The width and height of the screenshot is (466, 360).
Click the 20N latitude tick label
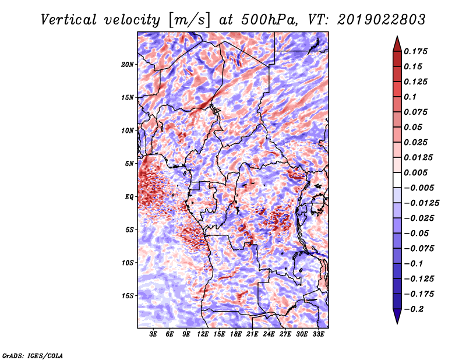coord(128,65)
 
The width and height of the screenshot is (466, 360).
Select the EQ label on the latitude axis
coord(129,197)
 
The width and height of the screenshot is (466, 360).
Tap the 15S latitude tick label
coord(128,296)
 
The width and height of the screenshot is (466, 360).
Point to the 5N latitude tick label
coord(129,164)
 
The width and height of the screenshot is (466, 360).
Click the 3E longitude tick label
coord(153,334)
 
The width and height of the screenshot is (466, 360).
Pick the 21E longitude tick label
coord(252,334)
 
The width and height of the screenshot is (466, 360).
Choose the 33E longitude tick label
coord(318,334)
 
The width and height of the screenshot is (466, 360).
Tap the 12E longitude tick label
coord(203,334)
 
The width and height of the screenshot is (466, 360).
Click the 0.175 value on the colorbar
coord(416,51)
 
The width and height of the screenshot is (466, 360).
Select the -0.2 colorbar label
coord(414,309)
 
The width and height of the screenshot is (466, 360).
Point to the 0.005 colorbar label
coord(416,172)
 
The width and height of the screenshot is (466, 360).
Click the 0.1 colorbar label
coord(410,97)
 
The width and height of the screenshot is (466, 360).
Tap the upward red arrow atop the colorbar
coord(397,44)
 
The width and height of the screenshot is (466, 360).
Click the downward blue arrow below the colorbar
coord(397,316)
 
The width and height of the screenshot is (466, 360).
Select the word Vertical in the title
coord(69,20)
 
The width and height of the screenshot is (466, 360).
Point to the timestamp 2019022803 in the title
coord(382,20)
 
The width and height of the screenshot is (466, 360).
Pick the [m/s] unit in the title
coord(189,20)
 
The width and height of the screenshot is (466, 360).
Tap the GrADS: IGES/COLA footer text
coord(33,355)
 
